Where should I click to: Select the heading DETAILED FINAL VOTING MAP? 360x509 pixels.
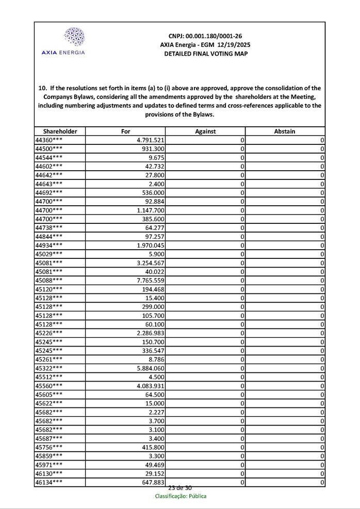(x=206, y=54)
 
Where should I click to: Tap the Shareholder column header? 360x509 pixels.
(x=60, y=132)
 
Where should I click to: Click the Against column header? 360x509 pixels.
(x=205, y=132)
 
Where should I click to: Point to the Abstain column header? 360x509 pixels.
(x=285, y=132)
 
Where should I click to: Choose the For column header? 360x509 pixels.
(x=125, y=132)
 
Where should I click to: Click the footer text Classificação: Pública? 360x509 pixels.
(x=181, y=496)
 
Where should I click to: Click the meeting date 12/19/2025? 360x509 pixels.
(x=230, y=45)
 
